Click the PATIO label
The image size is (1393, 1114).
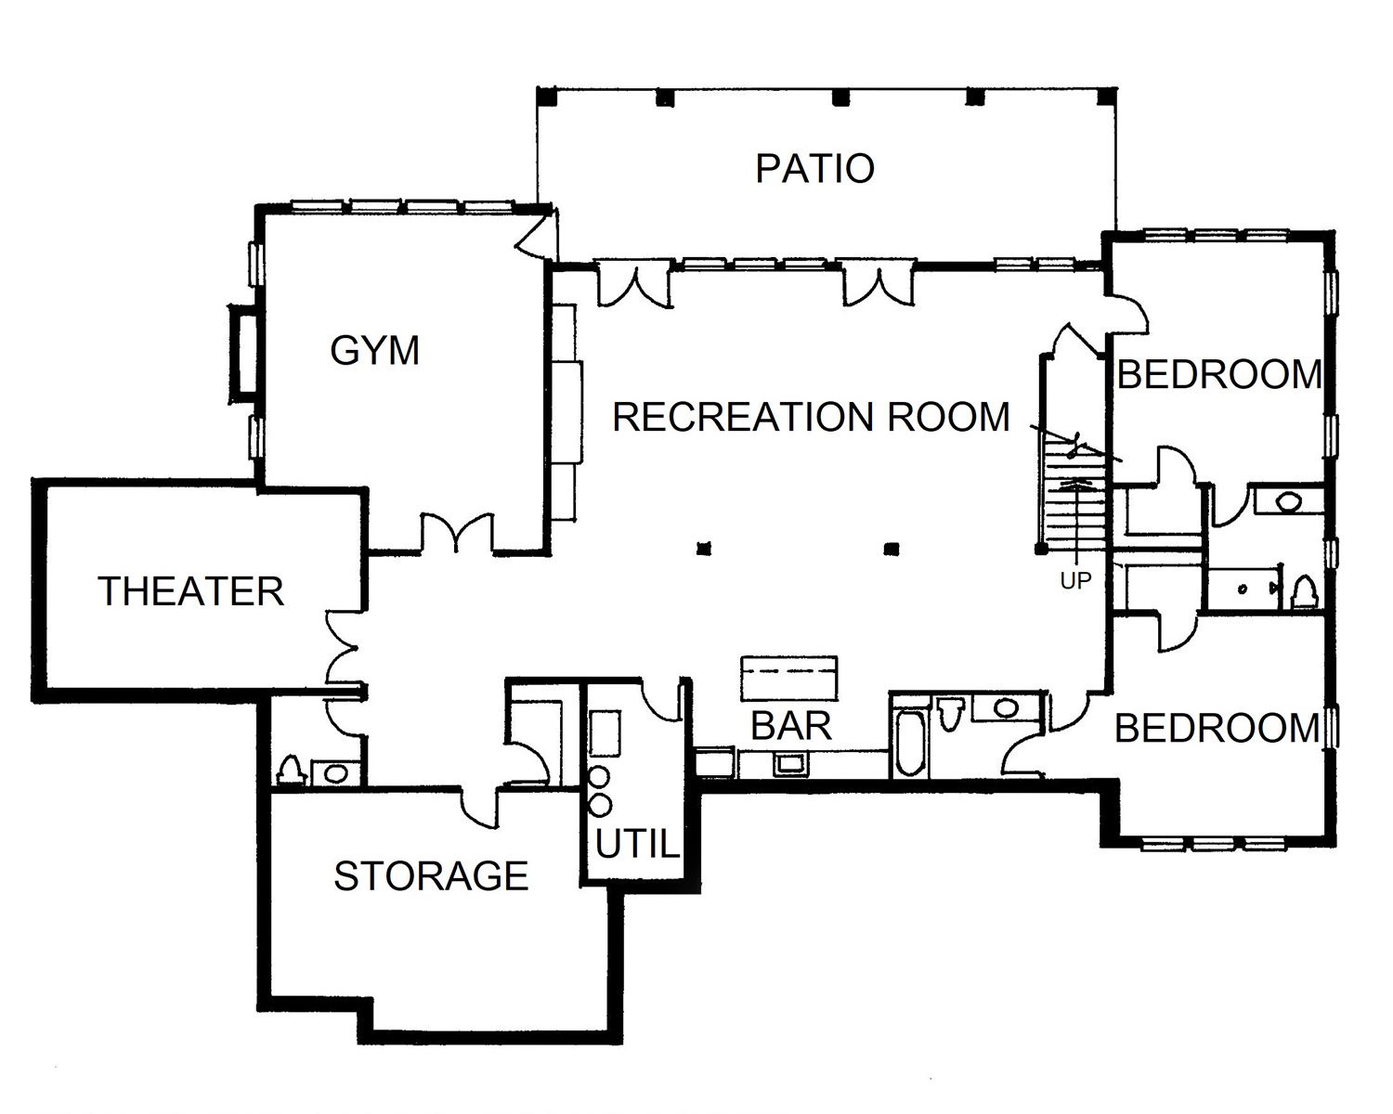point(815,168)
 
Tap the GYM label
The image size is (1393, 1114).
point(375,351)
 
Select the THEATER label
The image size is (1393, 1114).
point(191,591)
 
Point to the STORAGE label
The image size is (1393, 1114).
point(431,875)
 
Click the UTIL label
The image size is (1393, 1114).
point(637,844)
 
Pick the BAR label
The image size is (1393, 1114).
point(791,726)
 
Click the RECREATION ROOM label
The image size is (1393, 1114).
point(811,416)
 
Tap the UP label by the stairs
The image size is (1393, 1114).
point(1075,581)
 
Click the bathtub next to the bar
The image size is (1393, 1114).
point(911,743)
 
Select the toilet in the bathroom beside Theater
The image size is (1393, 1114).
point(292,771)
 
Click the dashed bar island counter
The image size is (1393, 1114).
point(789,679)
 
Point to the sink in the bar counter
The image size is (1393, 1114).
point(790,763)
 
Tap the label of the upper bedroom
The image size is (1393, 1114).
point(1219,374)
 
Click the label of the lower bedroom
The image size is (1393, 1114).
point(1217,728)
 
